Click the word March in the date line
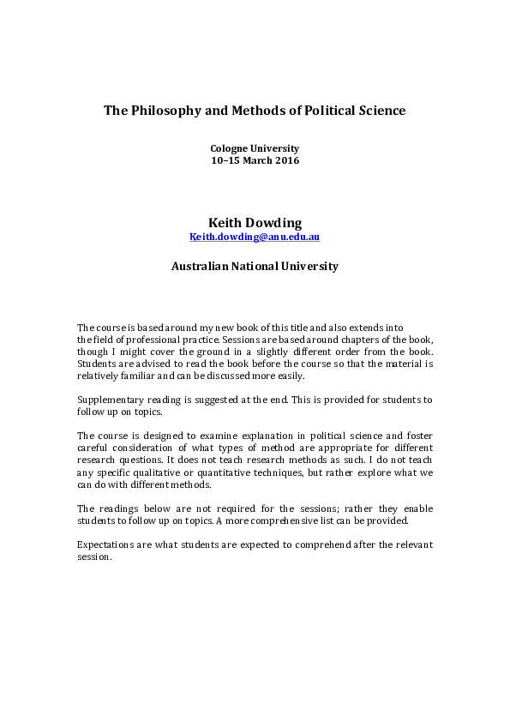254,160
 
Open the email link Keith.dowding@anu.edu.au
255,237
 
